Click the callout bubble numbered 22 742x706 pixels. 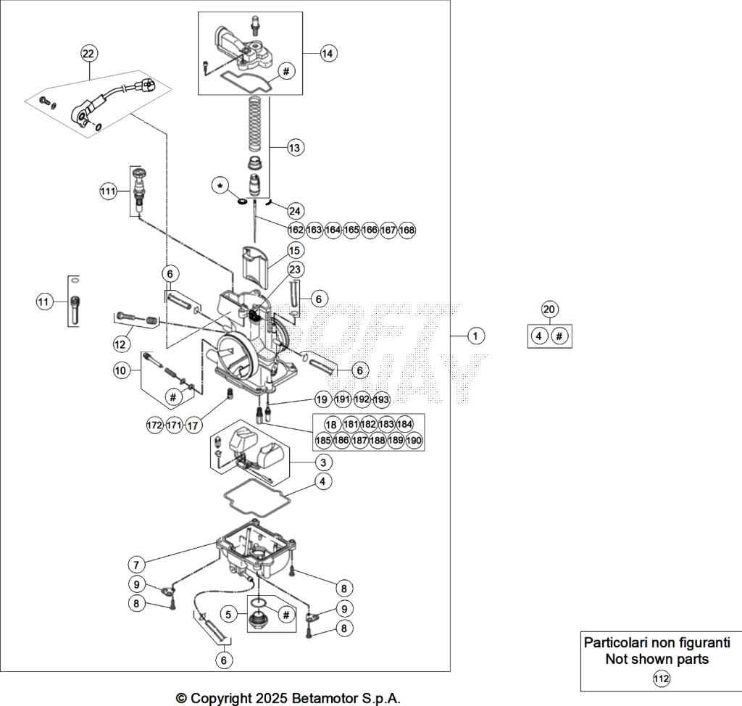point(88,53)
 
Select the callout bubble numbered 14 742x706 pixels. point(328,53)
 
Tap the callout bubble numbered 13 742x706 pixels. point(294,147)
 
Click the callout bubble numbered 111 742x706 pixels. point(109,191)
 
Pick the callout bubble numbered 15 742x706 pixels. point(294,250)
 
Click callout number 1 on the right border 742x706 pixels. point(475,336)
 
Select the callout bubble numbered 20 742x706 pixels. point(549,310)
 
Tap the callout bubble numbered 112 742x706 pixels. point(661,678)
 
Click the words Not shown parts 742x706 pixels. point(656,660)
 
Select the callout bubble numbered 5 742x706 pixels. point(229,615)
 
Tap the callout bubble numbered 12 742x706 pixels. point(120,343)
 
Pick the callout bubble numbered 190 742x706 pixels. point(414,440)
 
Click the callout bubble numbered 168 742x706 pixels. point(407,230)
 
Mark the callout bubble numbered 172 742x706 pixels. point(154,425)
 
